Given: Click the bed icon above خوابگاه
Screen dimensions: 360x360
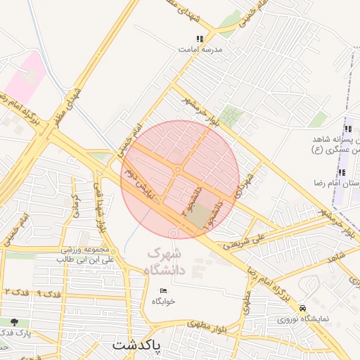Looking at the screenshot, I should pos(164,291).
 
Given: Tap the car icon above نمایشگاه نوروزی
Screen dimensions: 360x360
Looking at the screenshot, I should pos(302,308).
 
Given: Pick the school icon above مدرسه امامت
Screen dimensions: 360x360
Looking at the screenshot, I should pos(200,39).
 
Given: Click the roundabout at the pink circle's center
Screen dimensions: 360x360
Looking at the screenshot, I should pos(179,169).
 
